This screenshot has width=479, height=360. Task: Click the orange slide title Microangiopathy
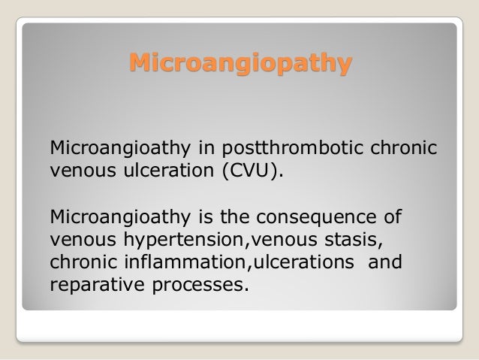click(x=239, y=63)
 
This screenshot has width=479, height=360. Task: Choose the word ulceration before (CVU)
click(x=158, y=165)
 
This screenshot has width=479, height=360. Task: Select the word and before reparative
click(x=387, y=265)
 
